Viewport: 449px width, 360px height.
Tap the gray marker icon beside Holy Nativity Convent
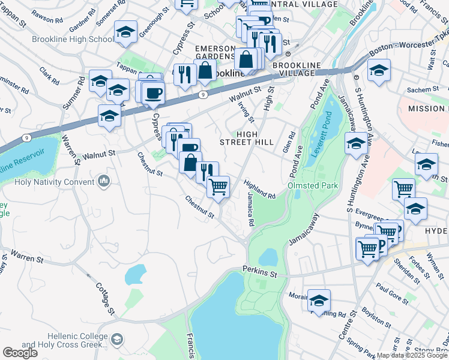click(104, 181)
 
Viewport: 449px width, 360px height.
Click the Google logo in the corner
click(20, 353)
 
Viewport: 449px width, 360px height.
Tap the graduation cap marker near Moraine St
click(319, 300)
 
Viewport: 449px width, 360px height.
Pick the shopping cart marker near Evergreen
click(403, 189)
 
